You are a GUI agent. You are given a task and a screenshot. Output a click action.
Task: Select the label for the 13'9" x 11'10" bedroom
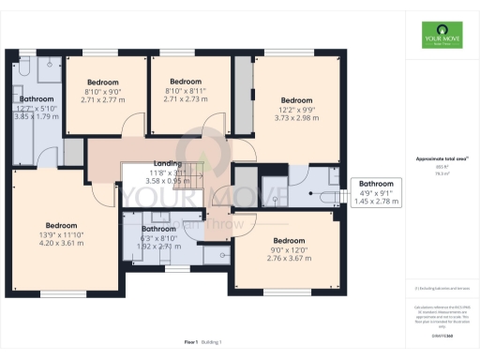point(62,225)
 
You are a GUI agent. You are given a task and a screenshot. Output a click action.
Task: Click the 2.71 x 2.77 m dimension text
point(101,98)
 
